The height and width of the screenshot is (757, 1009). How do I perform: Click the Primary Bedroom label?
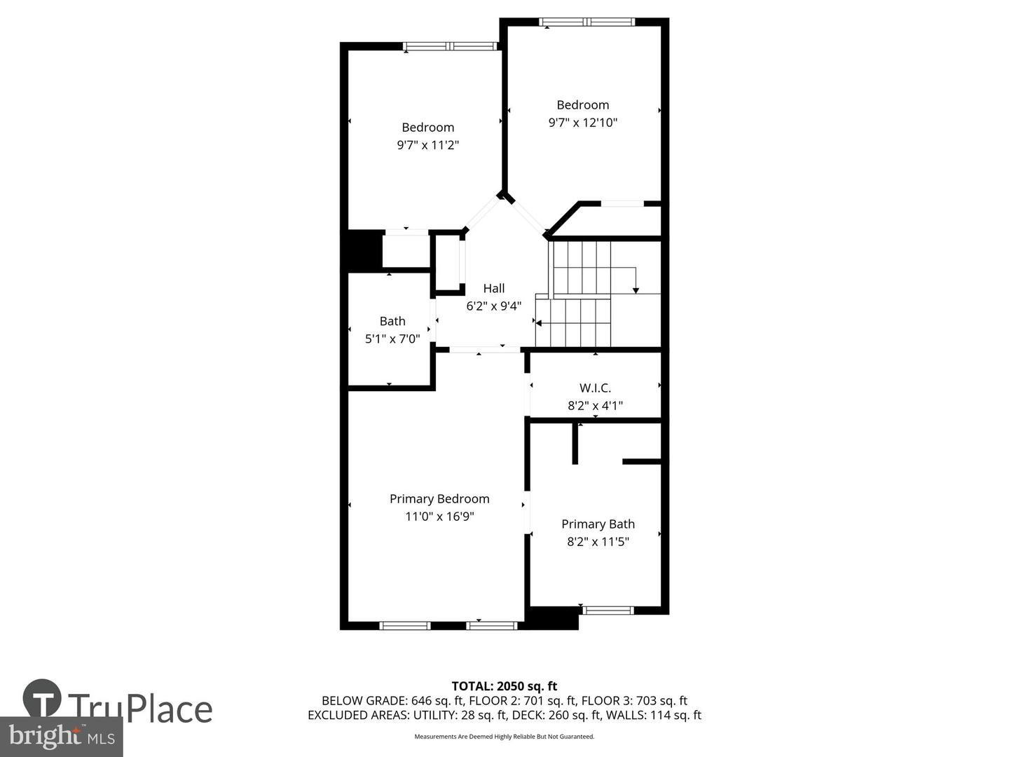pos(439,498)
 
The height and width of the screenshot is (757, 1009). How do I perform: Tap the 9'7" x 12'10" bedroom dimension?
pos(582,123)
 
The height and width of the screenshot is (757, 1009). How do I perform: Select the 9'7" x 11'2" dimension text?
pos(427,145)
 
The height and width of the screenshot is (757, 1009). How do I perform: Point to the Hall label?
pos(494,288)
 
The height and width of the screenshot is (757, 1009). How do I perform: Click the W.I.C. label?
pos(595,388)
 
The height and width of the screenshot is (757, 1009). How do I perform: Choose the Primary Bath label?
pos(598,524)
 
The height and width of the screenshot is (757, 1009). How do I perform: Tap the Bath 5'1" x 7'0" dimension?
pos(392,339)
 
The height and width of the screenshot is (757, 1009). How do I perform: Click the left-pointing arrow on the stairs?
pos(540,322)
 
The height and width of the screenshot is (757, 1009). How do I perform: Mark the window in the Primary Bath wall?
pos(608,610)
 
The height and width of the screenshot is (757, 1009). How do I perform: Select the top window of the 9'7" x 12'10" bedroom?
pos(587,22)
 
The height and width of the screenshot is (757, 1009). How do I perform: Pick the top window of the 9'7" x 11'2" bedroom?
pos(450,46)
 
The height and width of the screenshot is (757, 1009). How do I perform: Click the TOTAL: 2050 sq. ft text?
pos(504,686)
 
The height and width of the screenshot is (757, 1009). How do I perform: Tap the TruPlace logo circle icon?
pos(42,698)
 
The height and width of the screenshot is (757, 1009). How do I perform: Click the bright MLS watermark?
pos(61,737)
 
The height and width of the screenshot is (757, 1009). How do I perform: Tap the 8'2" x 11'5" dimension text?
pos(598,542)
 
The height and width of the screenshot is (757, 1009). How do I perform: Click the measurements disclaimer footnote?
pos(504,737)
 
